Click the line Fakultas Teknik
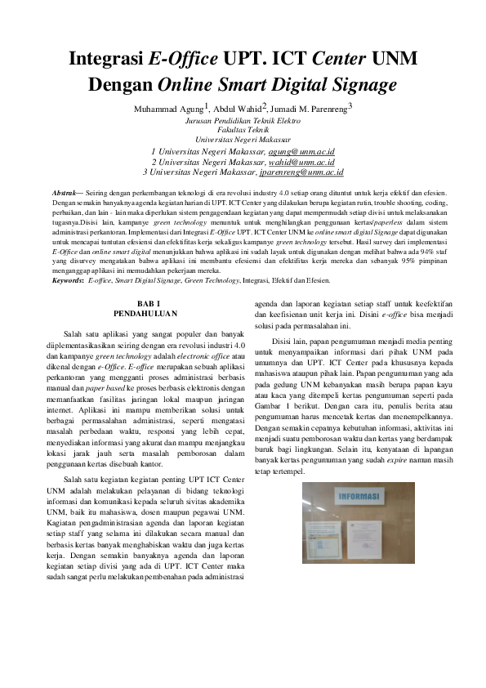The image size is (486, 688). click(243, 129)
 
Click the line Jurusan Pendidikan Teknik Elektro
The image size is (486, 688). click(243, 120)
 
